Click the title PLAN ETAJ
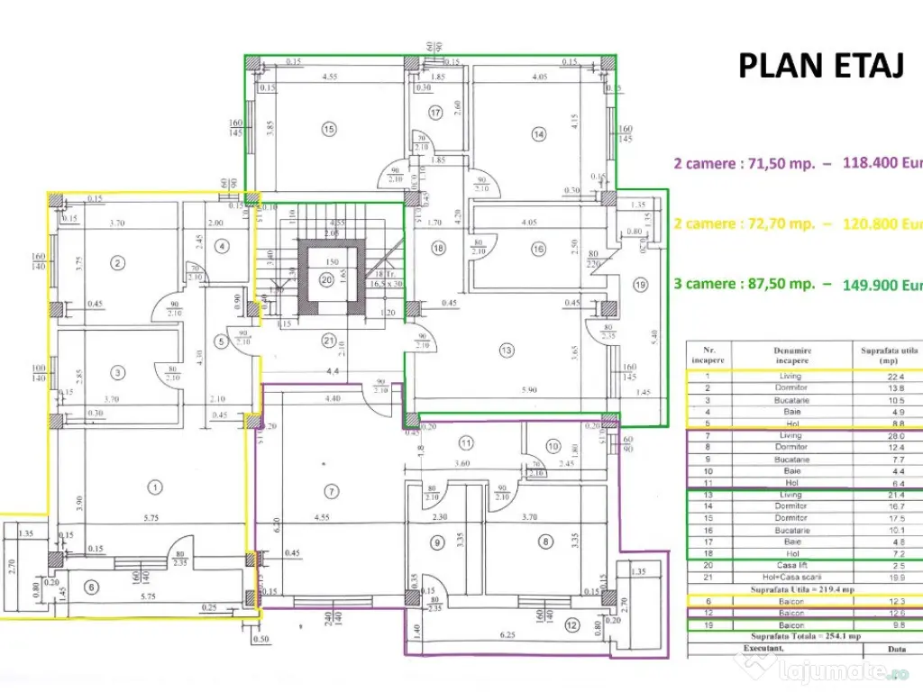(x=820, y=65)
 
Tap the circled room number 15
(x=329, y=130)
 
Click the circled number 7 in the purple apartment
(x=332, y=491)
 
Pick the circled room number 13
(x=507, y=350)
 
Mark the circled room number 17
(x=436, y=113)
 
